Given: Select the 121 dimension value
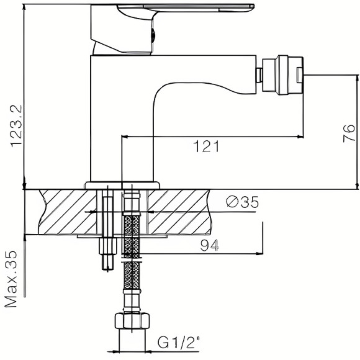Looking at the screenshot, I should [205, 147].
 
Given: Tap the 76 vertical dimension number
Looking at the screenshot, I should [348, 132].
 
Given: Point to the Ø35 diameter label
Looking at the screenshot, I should [242, 202].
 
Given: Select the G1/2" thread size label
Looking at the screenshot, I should [178, 342].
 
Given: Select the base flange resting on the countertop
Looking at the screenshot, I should [122, 184].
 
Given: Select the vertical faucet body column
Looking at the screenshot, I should [121, 118].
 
